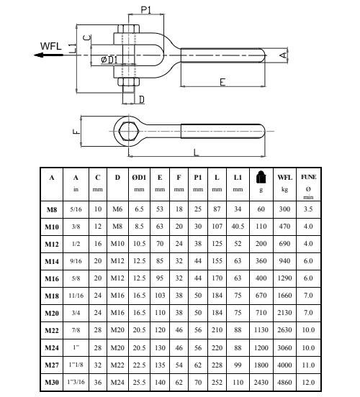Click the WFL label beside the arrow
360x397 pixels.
(x=50, y=46)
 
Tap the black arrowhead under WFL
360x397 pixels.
(x=38, y=55)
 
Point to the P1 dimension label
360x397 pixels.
(x=145, y=10)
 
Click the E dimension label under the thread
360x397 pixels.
(x=222, y=82)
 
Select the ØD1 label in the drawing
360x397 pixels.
(x=109, y=60)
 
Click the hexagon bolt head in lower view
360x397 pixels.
(x=129, y=131)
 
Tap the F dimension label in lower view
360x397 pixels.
(x=76, y=132)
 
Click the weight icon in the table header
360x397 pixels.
(x=261, y=177)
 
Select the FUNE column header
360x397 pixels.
(x=308, y=177)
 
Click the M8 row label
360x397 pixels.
(x=51, y=209)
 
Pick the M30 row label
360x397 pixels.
(x=52, y=383)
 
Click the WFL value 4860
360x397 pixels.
(x=284, y=382)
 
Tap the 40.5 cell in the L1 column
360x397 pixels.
(x=238, y=227)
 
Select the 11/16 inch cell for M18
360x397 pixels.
(x=76, y=296)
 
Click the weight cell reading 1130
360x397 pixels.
(x=261, y=330)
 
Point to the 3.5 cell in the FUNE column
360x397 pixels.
(x=308, y=209)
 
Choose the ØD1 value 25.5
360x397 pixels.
(x=139, y=382)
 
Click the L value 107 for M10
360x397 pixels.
(x=217, y=227)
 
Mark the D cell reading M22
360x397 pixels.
(x=117, y=365)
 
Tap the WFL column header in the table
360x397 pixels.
(x=284, y=177)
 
